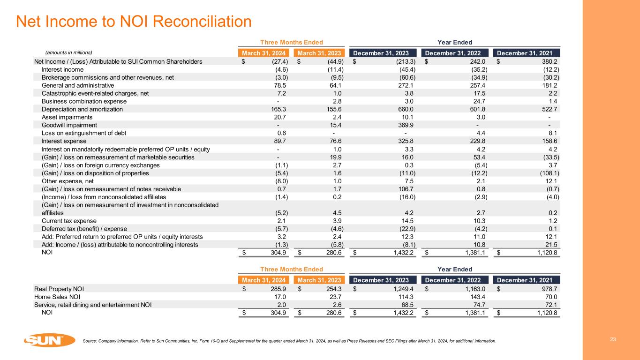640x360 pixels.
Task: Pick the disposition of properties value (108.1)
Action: [x=547, y=173]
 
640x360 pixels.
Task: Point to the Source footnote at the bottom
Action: [x=289, y=341]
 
